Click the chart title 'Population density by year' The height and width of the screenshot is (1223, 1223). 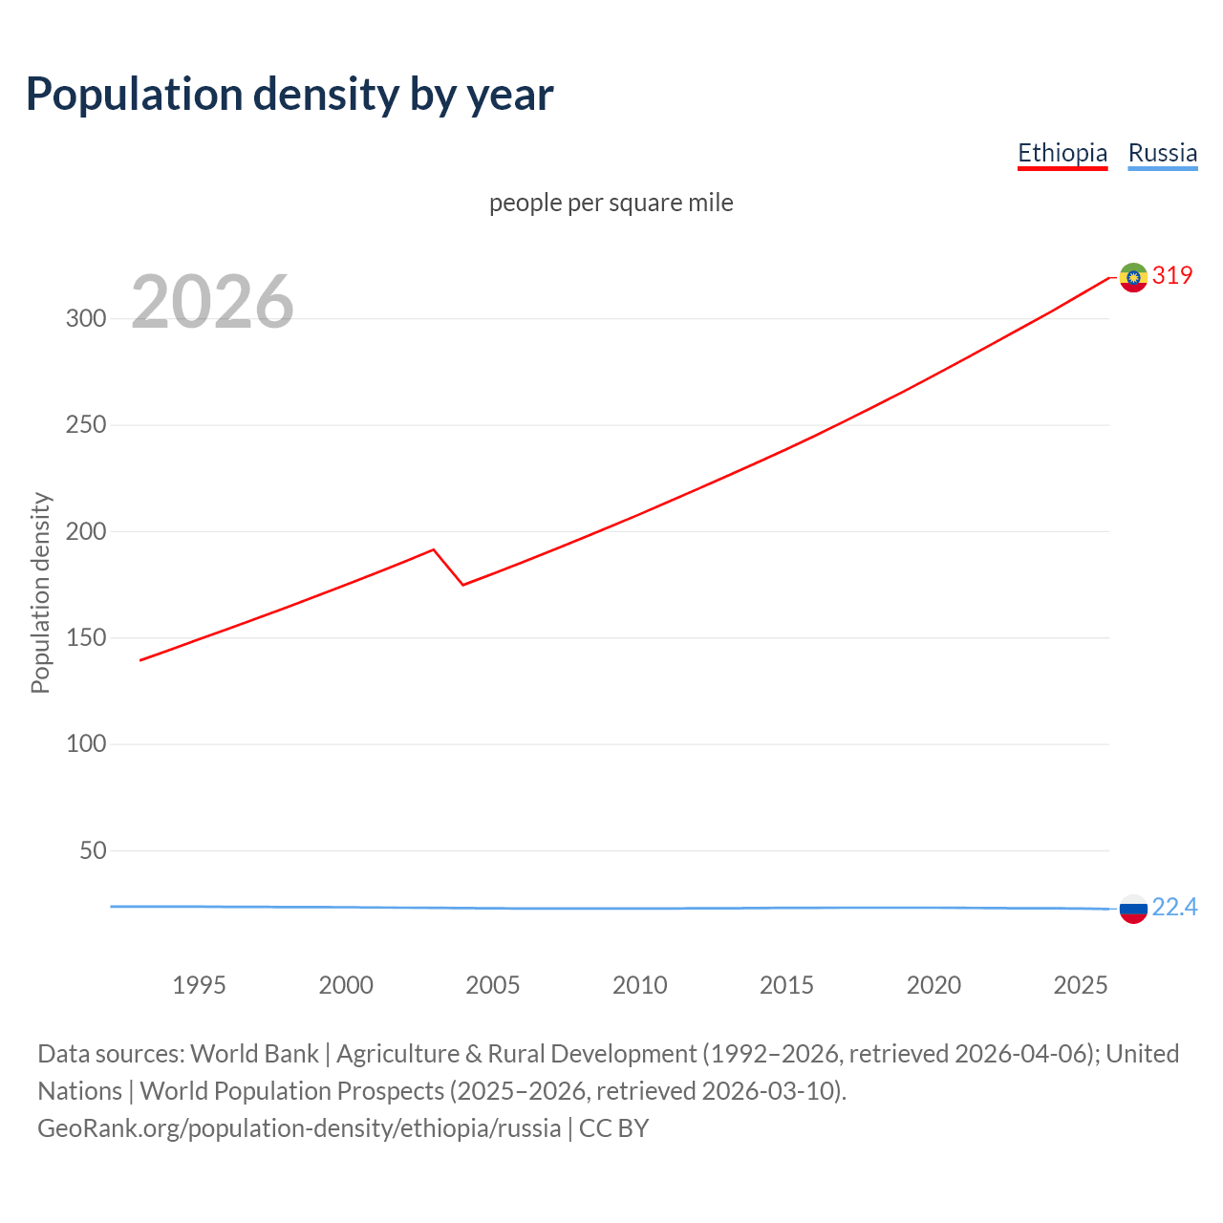point(290,95)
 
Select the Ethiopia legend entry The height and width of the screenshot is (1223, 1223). point(1062,153)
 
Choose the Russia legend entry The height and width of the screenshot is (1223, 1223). point(1162,153)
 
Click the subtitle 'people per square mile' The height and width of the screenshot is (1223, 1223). point(611,203)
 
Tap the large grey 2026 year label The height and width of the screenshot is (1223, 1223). point(212,302)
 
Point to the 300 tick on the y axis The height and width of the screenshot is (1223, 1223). point(86,319)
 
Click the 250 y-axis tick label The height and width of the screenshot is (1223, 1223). point(86,425)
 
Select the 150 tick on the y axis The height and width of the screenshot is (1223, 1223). point(86,637)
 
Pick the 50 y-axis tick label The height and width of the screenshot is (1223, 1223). point(93,850)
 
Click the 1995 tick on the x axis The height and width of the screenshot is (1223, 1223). point(199,985)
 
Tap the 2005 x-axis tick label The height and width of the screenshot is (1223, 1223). point(492,985)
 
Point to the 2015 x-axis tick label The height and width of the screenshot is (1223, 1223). point(786,985)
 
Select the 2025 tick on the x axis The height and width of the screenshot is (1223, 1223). point(1080,985)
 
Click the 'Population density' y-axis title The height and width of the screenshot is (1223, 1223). point(40,592)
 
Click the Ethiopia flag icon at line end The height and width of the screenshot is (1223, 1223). point(1133,277)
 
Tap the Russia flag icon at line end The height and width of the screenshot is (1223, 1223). point(1133,909)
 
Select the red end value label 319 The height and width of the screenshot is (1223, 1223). point(1172,275)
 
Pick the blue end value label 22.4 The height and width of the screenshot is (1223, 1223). point(1174,907)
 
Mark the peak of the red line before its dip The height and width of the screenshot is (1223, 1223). point(434,549)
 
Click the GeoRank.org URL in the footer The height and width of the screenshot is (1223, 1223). point(299,1128)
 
